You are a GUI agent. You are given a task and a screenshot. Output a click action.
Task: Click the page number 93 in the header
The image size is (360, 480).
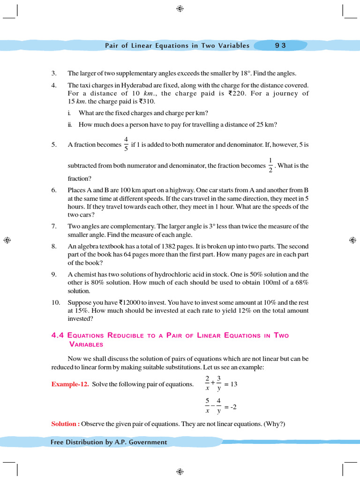(x=280, y=45)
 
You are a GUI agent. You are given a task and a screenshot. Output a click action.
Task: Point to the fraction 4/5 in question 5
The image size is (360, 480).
(x=126, y=144)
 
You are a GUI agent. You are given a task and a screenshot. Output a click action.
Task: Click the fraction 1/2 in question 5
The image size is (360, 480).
(x=270, y=165)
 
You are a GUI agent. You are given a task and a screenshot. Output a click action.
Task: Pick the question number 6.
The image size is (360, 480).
(x=54, y=190)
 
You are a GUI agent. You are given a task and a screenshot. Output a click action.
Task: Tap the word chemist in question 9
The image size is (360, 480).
(x=84, y=274)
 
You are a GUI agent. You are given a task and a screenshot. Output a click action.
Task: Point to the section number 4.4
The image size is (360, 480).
(x=58, y=335)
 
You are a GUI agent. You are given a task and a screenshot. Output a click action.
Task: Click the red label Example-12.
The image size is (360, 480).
(x=70, y=384)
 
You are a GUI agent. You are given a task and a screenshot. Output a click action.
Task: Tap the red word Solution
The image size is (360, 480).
(x=64, y=424)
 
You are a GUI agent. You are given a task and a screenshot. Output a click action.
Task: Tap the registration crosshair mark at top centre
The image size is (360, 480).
(x=180, y=8)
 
